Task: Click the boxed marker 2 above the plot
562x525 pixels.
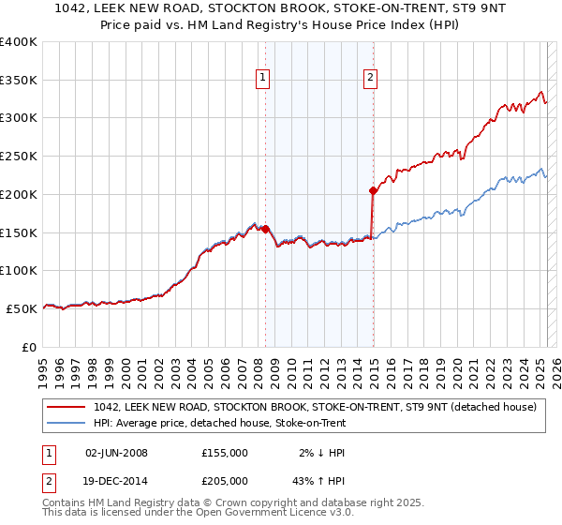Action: [371, 79]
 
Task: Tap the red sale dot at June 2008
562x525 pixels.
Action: [265, 228]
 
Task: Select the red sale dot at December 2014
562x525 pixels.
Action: [373, 190]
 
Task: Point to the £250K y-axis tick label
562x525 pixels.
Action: [19, 157]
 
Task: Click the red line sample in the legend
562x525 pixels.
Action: [67, 407]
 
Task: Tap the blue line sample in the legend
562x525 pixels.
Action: [67, 423]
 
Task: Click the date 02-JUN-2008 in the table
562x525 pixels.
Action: [116, 453]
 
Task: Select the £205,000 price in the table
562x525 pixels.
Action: [224, 480]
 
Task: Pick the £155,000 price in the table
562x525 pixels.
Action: [224, 453]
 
